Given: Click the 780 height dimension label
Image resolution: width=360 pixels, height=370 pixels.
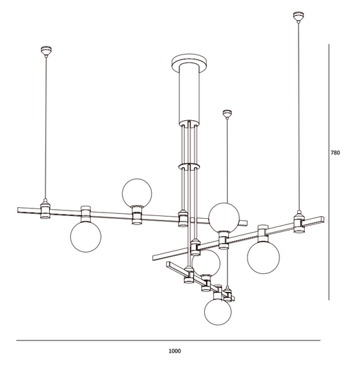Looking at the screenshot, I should (x=335, y=153).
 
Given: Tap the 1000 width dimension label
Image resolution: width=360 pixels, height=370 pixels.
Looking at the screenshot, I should (x=174, y=351).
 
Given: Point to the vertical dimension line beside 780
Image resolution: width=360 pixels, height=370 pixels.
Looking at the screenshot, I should (x=328, y=173).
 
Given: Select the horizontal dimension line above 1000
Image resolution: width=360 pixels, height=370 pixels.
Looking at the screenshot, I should (x=168, y=340).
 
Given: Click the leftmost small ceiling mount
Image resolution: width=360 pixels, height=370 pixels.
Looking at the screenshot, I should (x=46, y=50).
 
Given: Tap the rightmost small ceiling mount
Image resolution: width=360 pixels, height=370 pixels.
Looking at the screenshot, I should (x=298, y=16).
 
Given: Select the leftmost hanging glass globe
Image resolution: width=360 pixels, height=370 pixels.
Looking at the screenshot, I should (x=86, y=237).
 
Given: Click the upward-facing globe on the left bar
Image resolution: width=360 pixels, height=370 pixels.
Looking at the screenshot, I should (x=137, y=192).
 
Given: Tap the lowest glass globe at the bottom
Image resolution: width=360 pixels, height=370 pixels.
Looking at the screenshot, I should (x=218, y=312).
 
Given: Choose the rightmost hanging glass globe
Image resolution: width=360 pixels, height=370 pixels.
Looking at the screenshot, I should (x=263, y=256).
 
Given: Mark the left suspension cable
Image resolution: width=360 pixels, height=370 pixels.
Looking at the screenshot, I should (x=46, y=124).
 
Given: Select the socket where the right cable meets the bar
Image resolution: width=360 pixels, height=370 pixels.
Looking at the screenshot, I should (x=299, y=221).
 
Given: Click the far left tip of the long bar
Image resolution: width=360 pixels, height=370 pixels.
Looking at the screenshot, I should (x=17, y=208).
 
